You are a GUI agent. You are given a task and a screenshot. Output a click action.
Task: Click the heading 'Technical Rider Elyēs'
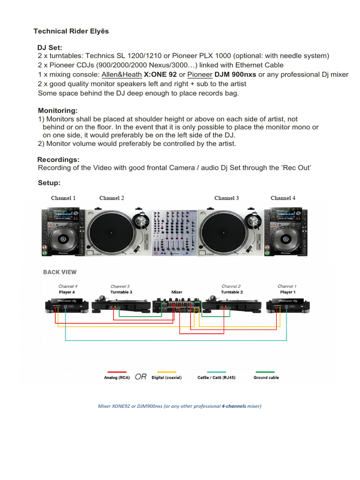71,31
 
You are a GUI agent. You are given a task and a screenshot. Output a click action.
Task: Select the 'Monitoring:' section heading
58,111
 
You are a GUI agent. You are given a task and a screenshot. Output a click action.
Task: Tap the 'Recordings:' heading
58,159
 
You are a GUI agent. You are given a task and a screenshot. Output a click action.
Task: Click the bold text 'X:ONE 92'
160,75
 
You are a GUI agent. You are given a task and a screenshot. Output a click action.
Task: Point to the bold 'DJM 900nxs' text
235,75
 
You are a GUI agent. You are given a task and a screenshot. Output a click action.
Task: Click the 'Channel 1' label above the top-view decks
63,198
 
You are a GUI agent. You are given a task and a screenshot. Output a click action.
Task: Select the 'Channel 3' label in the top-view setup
226,198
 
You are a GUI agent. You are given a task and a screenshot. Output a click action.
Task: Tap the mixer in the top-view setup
174,233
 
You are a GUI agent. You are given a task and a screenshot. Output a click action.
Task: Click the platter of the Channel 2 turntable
111,233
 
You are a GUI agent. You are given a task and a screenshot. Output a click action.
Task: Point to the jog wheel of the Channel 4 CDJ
285,239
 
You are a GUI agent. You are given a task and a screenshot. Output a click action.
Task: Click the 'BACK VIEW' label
60,272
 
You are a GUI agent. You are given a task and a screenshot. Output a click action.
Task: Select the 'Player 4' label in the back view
67,292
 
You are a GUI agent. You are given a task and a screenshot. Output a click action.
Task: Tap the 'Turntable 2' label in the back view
232,292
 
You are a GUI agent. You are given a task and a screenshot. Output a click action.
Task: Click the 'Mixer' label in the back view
177,292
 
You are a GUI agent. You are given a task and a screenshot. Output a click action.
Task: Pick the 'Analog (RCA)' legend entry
117,377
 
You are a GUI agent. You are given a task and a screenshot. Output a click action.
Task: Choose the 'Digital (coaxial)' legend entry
166,377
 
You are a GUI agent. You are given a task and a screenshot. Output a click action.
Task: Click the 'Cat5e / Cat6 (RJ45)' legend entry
217,377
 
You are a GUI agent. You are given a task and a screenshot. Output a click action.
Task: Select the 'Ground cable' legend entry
266,377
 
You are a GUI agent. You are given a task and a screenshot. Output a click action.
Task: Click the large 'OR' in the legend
141,376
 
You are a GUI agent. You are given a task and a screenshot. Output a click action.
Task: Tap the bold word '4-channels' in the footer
233,406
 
